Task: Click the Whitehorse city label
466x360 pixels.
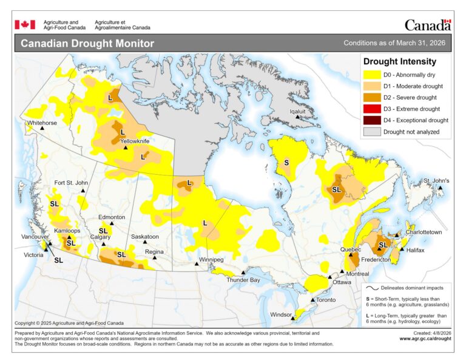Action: [x=42, y=123]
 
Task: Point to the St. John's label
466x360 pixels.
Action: [x=436, y=181]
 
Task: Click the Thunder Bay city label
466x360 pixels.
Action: [x=243, y=280]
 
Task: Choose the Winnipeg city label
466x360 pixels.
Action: [x=209, y=260]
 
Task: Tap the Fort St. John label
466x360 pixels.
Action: [x=71, y=183]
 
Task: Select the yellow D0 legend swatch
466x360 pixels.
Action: [x=371, y=75]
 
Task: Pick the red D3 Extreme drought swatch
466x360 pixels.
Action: [x=371, y=109]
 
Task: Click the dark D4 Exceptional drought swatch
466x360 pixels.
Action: [x=371, y=120]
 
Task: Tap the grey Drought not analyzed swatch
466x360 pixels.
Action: [x=371, y=132]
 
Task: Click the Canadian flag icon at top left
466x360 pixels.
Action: [x=25, y=24]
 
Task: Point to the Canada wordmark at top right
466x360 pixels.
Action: [x=428, y=25]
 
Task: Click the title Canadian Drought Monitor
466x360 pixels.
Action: [x=87, y=44]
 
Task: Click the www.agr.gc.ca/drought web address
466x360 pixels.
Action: [x=425, y=338]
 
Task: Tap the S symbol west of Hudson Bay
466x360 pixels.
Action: [x=286, y=163]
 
